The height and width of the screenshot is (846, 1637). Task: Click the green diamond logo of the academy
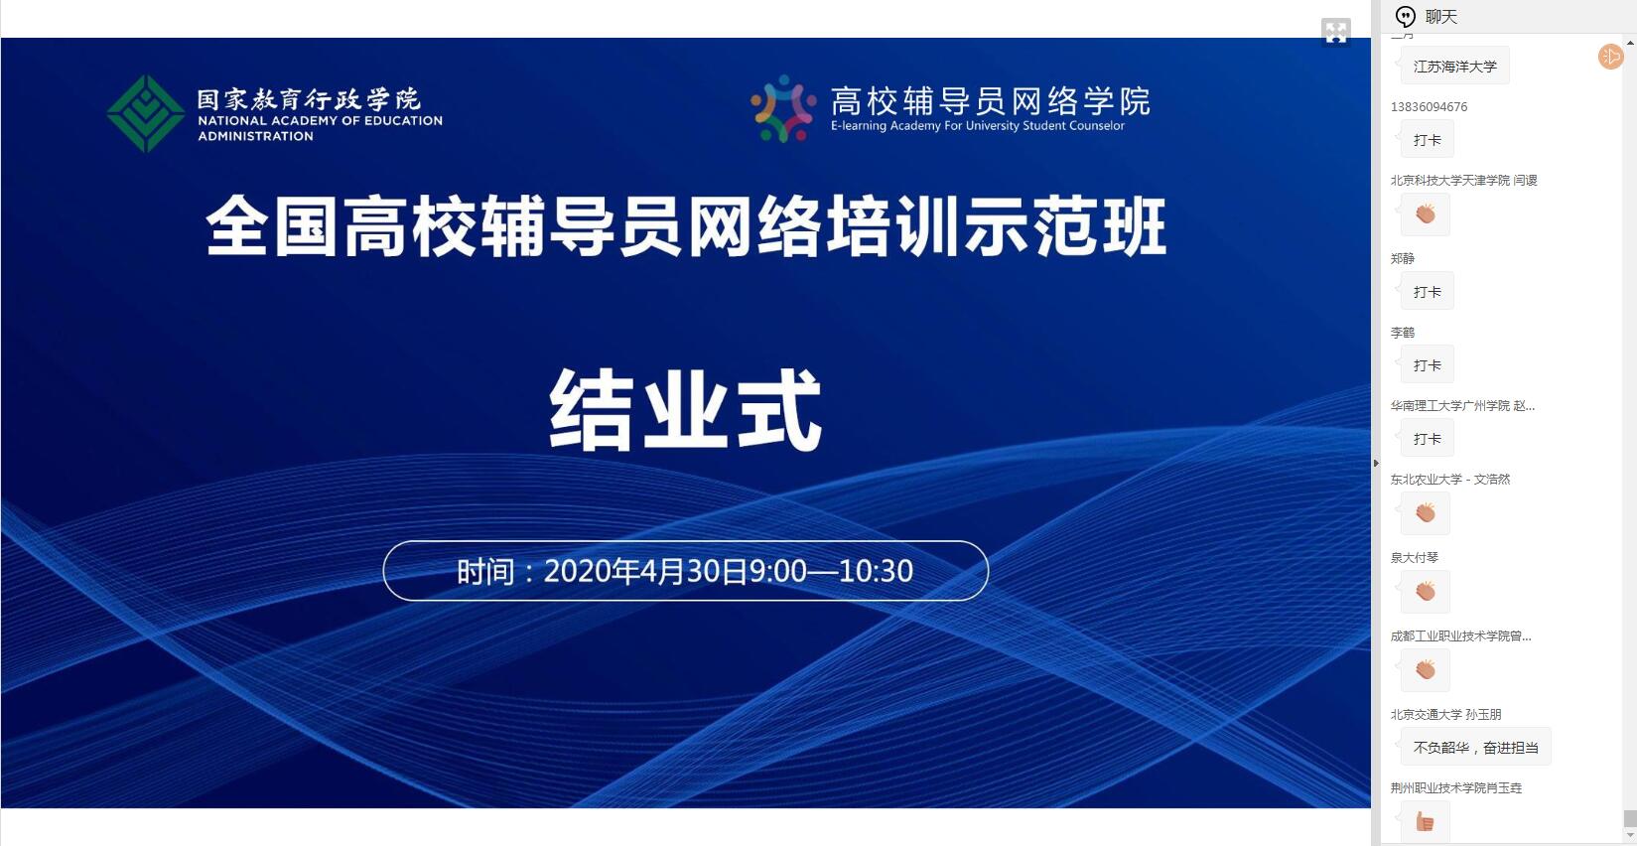145,113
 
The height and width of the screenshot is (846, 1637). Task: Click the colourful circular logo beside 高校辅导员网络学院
783,108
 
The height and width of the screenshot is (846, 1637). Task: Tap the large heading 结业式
686,409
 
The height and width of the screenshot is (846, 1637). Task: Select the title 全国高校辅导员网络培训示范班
686,226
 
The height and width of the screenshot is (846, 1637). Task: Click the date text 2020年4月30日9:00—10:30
728,571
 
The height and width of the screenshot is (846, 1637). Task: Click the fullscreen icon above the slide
1336,32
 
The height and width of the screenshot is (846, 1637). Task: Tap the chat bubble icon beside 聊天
1405,16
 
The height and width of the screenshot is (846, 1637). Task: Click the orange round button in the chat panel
1610,57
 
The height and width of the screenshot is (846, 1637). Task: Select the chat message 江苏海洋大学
1455,67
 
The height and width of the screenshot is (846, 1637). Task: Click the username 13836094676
1429,107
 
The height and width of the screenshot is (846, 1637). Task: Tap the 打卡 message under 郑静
1428,292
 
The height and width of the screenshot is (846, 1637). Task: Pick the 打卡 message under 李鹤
1428,364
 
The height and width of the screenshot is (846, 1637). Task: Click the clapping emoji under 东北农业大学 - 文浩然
1426,513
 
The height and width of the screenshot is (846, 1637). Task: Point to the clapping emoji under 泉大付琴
1426,591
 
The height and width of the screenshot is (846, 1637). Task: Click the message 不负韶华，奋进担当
1475,748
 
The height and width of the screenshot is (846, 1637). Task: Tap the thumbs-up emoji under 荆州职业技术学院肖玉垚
1425,822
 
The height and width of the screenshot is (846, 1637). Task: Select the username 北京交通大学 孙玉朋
1445,714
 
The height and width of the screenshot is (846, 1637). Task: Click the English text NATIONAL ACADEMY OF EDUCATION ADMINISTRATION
320,128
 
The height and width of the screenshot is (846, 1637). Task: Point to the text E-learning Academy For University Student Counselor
977,126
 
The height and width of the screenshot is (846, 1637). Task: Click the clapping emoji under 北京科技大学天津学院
1426,213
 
